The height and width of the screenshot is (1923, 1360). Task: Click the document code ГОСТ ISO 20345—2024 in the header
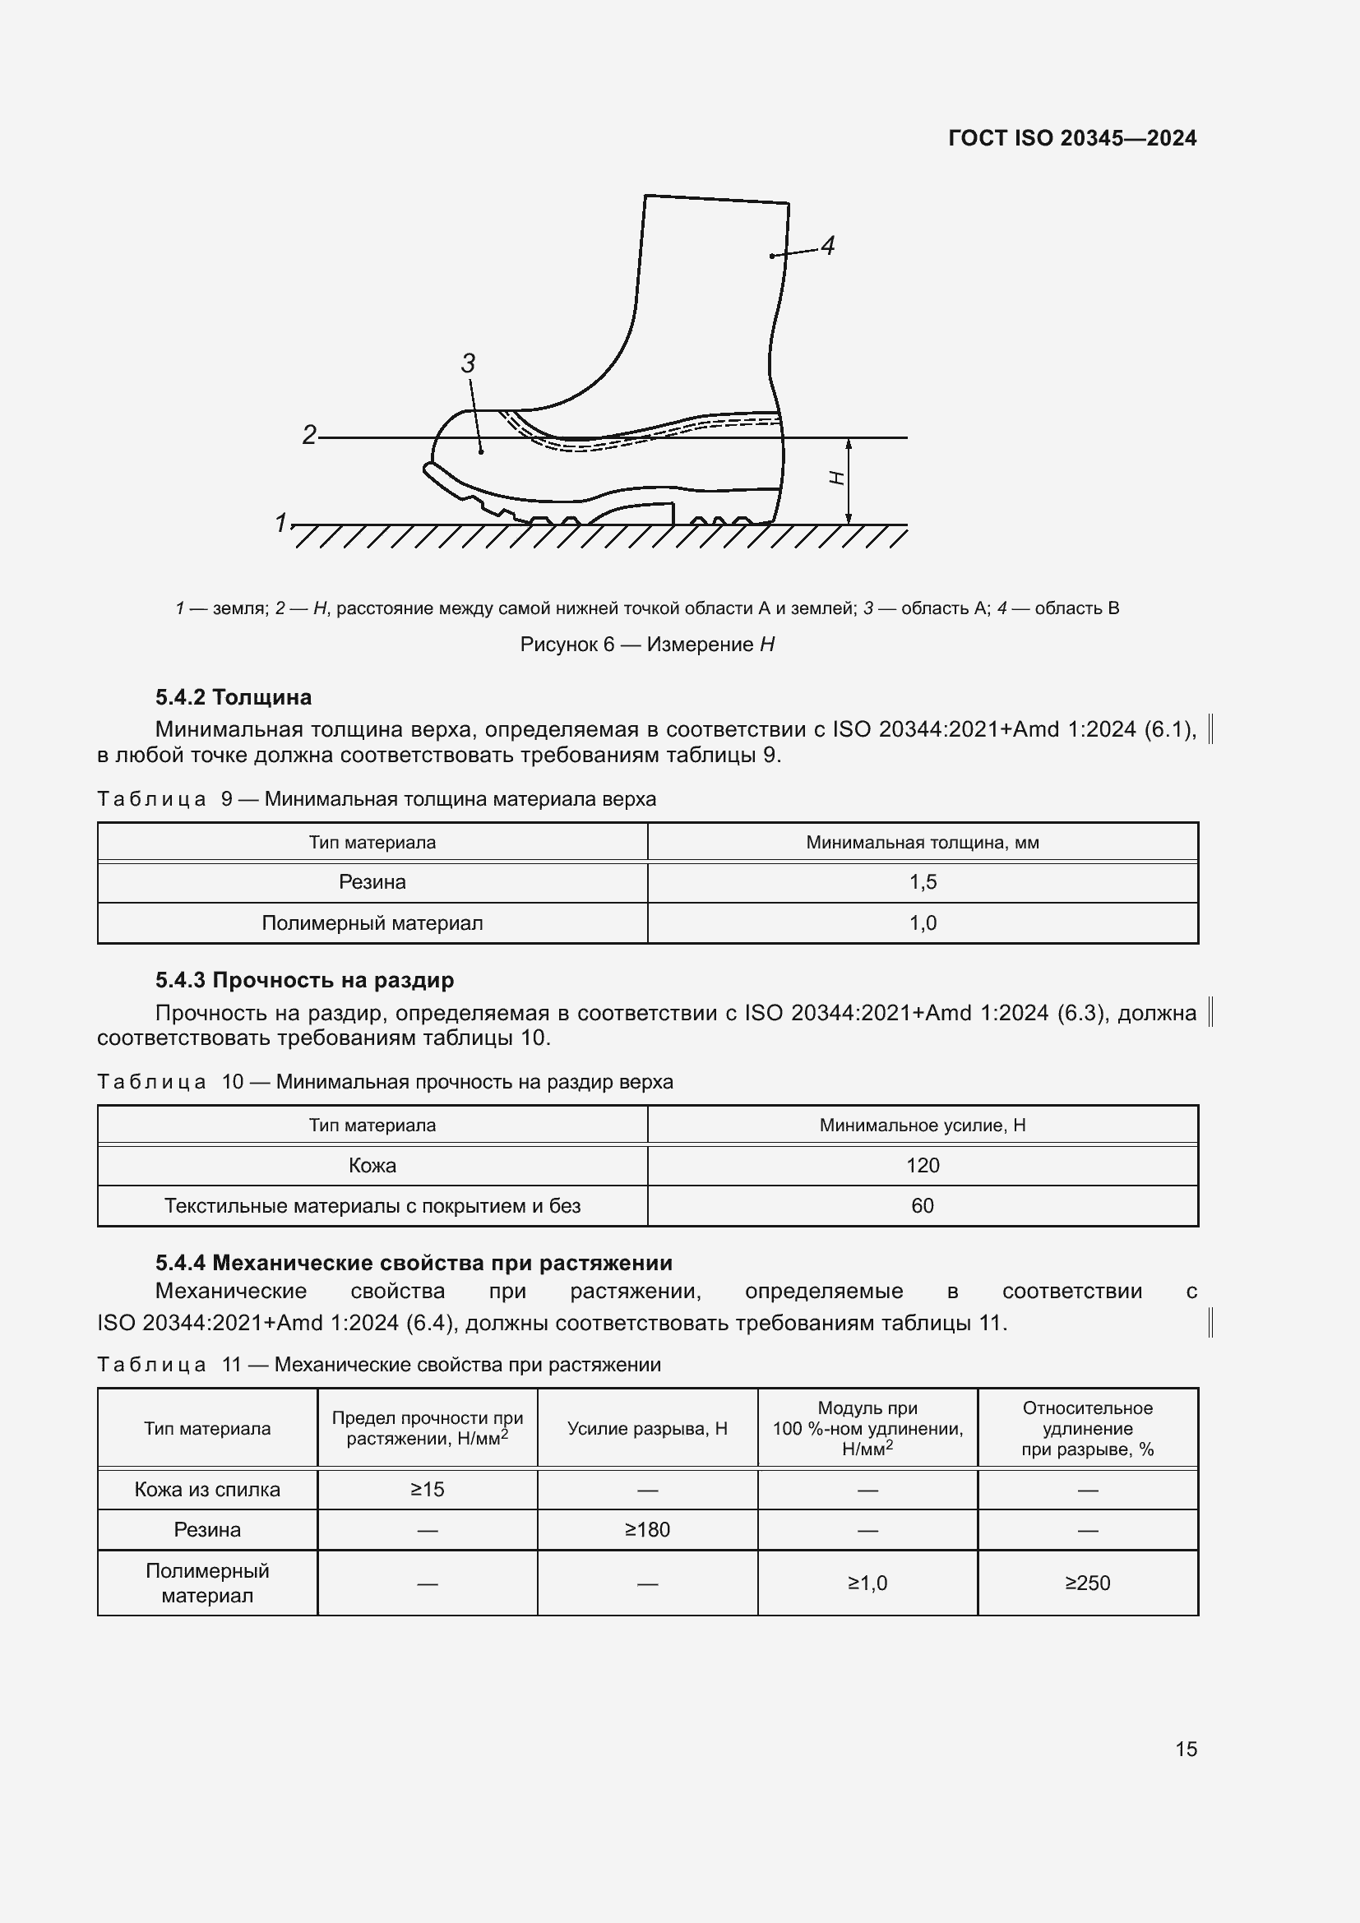coord(1072,138)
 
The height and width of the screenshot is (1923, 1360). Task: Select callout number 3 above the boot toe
coord(468,363)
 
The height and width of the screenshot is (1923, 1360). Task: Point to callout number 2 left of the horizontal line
coord(309,435)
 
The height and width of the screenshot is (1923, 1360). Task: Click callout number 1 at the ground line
coord(281,523)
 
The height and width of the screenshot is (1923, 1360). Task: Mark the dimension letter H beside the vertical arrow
coord(835,478)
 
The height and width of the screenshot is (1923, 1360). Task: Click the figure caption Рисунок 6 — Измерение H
coord(646,644)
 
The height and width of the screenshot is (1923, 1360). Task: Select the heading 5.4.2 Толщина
coord(233,697)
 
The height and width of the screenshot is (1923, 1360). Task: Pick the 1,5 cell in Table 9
coord(923,882)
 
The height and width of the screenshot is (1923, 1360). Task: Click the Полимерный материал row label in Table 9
coord(372,923)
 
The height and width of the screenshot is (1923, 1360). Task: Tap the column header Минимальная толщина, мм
coord(923,843)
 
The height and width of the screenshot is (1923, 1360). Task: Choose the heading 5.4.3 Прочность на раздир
coord(304,980)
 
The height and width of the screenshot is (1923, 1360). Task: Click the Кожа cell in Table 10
coord(372,1165)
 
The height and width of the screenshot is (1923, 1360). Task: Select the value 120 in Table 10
coord(923,1165)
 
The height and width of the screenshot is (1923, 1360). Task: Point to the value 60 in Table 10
coord(923,1206)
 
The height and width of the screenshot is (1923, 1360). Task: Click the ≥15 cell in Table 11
coord(427,1489)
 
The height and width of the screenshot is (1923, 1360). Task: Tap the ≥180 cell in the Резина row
coord(647,1529)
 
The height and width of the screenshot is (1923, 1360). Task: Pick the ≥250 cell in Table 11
coord(1087,1583)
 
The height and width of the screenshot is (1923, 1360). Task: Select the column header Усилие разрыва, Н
coord(647,1429)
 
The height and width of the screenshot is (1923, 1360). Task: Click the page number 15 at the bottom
coord(1186,1749)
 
